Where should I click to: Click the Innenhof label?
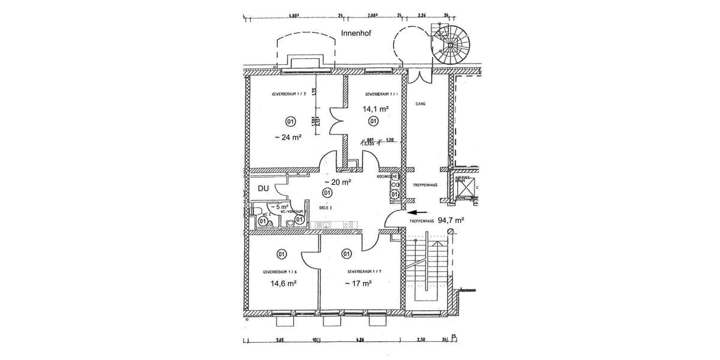click(x=356, y=34)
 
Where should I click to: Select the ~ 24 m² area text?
click(x=287, y=137)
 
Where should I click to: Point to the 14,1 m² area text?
click(x=375, y=109)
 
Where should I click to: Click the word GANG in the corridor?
click(x=420, y=104)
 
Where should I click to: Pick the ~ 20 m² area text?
click(x=337, y=182)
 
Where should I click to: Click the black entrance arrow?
click(x=418, y=212)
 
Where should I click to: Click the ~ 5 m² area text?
click(x=265, y=206)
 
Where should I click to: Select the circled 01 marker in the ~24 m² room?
click(x=290, y=122)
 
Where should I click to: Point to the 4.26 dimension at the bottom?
click(x=359, y=340)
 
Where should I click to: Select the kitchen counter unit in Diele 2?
click(x=333, y=226)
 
